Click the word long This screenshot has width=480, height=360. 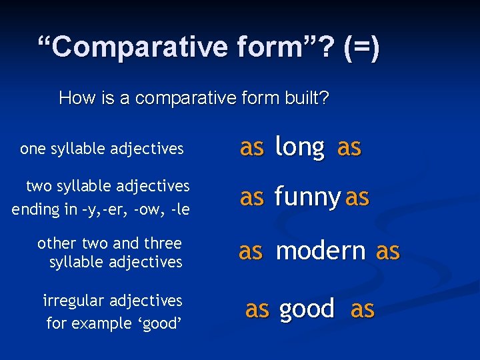click(x=299, y=147)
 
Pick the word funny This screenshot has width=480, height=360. click(x=307, y=197)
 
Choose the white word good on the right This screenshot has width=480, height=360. click(x=307, y=309)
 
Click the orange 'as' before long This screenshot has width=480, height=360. click(x=251, y=147)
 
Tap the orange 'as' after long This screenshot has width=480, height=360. click(x=349, y=147)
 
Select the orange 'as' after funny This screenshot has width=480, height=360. click(x=357, y=197)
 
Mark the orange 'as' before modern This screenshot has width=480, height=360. click(x=251, y=251)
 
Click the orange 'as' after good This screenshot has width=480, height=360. click(x=362, y=309)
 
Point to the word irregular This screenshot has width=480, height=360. click(x=75, y=301)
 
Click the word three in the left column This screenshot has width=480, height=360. click(x=163, y=243)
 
